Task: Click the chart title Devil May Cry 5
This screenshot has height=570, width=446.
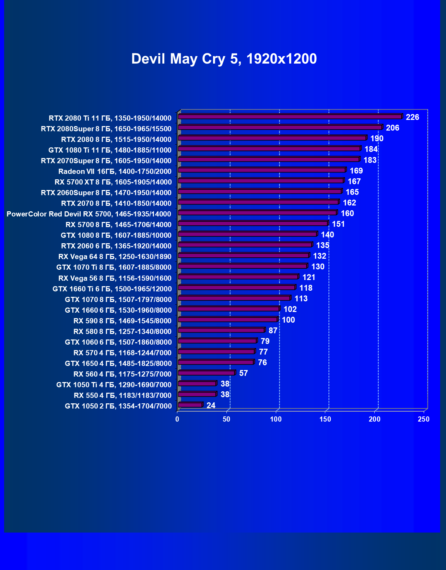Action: coord(224,59)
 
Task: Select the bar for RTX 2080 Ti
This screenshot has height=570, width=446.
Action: coord(290,117)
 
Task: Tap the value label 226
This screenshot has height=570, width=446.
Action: coord(412,117)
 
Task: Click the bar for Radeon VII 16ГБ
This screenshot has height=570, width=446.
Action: coord(261,170)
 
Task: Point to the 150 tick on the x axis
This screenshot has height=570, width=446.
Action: coord(325,419)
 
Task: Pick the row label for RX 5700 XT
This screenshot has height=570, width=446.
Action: coord(113,182)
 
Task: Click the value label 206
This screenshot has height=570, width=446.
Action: coord(392,128)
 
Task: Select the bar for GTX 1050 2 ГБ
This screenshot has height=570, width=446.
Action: coord(190,405)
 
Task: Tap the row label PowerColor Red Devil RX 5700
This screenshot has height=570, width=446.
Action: coord(89,214)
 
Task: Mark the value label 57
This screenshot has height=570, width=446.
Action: coord(243,373)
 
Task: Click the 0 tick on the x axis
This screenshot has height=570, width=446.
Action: coord(177,419)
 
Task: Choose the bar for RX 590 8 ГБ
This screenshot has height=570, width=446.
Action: coord(227,320)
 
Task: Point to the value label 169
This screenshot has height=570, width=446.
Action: coord(356,171)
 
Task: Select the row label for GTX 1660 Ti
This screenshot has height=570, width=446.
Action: coord(112,289)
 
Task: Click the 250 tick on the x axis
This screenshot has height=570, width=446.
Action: coord(424,419)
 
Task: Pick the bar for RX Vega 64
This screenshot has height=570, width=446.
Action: coord(243,255)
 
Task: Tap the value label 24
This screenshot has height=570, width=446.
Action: coord(211,405)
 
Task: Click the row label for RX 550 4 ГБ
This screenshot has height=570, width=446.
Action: coord(122,395)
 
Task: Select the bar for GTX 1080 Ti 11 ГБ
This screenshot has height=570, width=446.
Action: coord(269,149)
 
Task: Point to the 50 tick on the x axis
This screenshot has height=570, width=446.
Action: coord(226,419)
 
